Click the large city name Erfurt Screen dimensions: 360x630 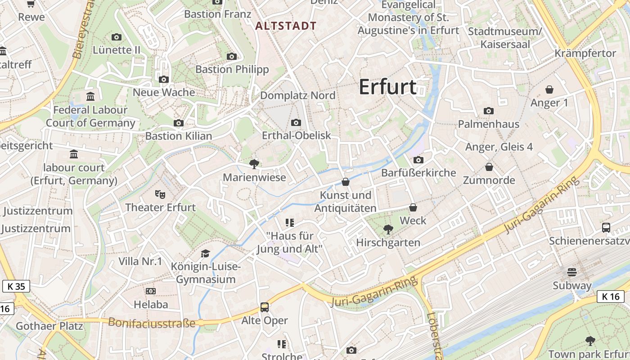tap(387, 87)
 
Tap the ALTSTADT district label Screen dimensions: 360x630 tap(286, 26)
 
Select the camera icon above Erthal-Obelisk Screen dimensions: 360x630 tap(296, 122)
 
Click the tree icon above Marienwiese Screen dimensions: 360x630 tap(254, 164)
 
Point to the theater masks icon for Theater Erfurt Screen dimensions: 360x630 tap(160, 194)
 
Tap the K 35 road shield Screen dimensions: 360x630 tap(16, 286)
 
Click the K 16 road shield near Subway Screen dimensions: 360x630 tap(611, 296)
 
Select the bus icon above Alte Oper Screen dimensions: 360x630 tap(265, 307)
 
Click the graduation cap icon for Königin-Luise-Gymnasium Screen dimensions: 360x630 tap(206, 254)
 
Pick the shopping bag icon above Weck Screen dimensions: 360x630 tap(413, 207)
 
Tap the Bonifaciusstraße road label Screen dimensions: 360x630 tap(152, 323)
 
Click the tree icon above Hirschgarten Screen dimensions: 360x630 tap(388, 229)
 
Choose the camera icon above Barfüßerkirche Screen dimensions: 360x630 tap(418, 160)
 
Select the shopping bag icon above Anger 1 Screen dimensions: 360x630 tap(549, 90)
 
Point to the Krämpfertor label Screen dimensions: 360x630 tap(585, 53)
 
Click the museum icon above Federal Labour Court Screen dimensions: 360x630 tap(90, 96)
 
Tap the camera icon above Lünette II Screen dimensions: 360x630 tap(117, 37)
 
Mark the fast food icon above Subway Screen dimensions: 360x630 tap(572, 272)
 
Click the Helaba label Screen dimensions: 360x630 tap(151, 305)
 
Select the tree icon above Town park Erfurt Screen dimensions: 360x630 tap(590, 341)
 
